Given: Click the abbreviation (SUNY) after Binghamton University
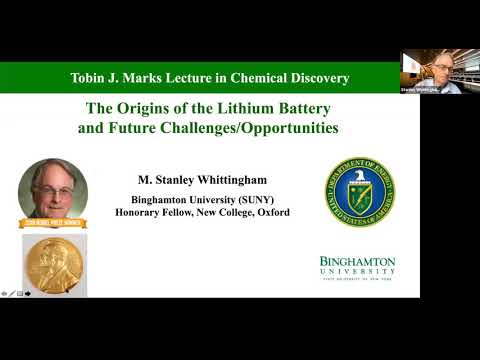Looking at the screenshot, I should [268, 200].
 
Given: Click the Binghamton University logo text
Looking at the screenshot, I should [357, 266].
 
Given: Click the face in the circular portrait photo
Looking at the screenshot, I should [52, 185].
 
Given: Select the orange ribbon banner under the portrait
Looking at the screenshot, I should [52, 223].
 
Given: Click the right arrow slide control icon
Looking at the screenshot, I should [28, 293].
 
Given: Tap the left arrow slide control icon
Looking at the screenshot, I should [5, 293].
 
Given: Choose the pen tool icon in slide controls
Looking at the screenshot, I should [12, 293].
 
